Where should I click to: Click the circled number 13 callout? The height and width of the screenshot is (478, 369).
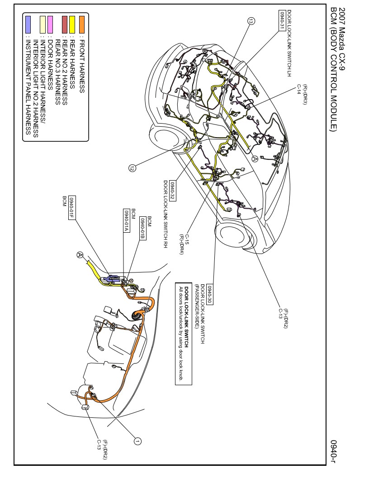pyautogui.click(x=251, y=21)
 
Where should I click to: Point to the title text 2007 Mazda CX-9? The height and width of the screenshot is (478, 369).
pyautogui.click(x=341, y=39)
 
